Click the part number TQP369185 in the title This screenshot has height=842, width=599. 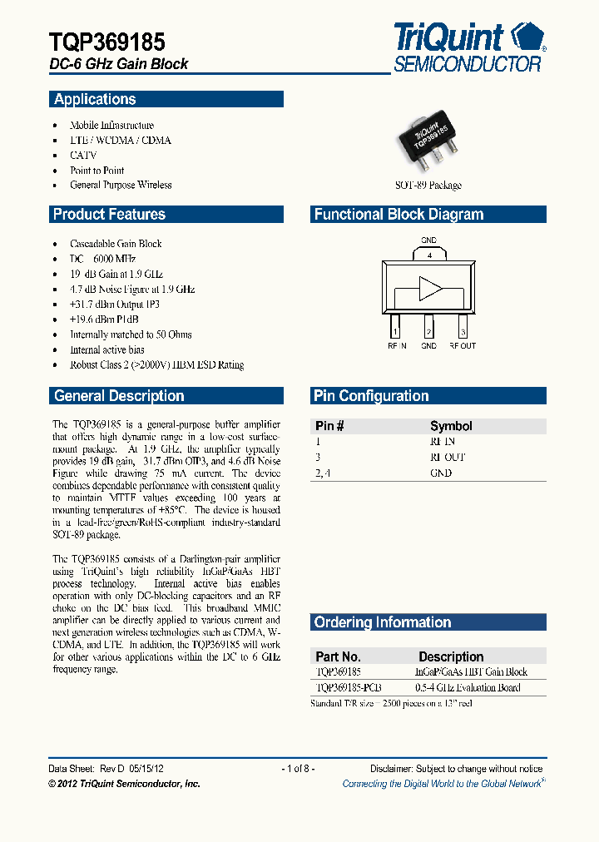106,42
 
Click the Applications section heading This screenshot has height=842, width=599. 95,100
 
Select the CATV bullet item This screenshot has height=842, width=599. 83,156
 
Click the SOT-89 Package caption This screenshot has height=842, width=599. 428,186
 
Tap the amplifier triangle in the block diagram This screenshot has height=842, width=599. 430,288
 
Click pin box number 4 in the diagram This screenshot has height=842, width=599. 428,256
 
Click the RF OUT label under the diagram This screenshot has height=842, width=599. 463,346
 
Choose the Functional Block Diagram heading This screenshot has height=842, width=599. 399,215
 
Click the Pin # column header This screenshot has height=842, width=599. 330,426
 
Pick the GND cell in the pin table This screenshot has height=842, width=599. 441,473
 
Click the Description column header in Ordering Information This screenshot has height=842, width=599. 451,656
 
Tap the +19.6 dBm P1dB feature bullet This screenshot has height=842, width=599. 104,319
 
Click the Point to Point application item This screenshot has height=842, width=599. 97,171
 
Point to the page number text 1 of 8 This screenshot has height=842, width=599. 299,769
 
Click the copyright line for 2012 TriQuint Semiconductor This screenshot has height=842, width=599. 124,784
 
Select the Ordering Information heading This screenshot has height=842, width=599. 383,623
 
